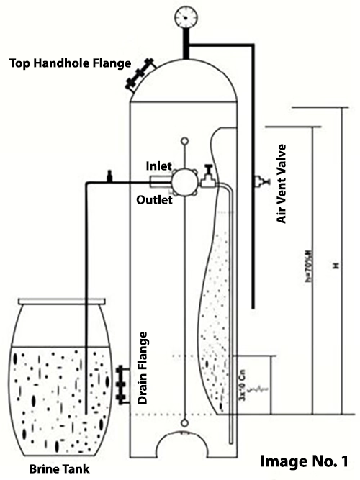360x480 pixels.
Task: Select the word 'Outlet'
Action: coord(155,200)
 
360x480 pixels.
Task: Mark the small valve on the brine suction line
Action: coord(109,175)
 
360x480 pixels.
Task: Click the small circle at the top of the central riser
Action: coord(186,142)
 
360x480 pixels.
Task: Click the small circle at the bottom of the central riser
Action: coord(186,423)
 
